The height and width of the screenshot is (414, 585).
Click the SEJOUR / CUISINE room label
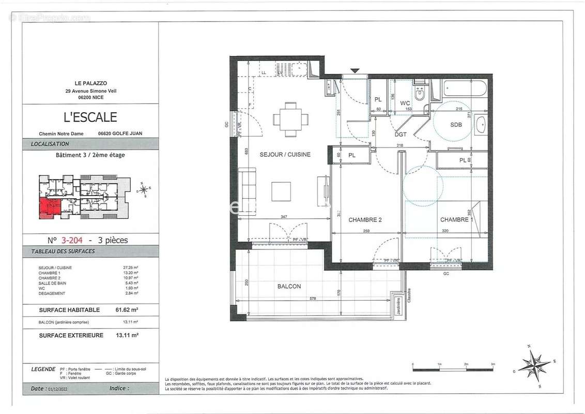(285, 154)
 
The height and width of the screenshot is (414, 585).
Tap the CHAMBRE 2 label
(365, 220)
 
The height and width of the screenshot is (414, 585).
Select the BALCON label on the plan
(289, 286)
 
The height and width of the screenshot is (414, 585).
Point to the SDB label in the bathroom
(456, 125)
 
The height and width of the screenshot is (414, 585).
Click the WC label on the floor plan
(405, 103)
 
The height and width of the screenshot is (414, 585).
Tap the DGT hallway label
(401, 134)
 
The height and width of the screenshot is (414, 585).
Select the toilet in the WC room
(420, 94)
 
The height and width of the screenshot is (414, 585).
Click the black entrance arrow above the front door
(355, 70)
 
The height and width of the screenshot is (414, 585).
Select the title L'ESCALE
(90, 117)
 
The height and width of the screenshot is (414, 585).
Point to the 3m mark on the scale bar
(492, 364)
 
